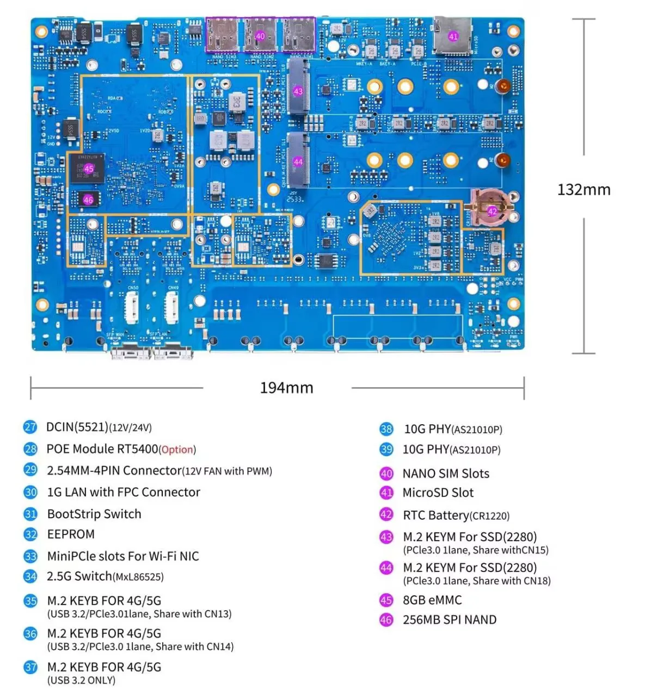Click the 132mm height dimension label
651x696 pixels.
pos(584,190)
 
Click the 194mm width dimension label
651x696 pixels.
pos(286,388)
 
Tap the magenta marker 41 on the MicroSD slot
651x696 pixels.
pos(453,36)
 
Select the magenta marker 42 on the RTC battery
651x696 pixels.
pos(492,212)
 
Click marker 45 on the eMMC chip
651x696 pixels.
pos(89,169)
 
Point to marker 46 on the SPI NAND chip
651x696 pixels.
pos(88,200)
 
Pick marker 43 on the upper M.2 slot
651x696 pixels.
pos(298,91)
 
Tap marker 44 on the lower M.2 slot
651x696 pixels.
pos(298,161)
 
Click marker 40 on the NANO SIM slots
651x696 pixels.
pos(260,36)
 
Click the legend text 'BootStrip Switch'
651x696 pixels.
pos(94,514)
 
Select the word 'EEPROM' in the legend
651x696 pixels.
pos(71,534)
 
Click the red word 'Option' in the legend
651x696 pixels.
pos(177,450)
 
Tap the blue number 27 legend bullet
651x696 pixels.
pos(30,427)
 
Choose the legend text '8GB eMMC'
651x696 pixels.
pos(432,600)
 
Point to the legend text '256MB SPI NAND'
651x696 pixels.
pos(449,620)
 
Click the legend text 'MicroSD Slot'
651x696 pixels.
pos(438,493)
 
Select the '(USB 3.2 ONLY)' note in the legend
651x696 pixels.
pos(81,680)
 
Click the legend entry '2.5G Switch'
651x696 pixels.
pos(79,576)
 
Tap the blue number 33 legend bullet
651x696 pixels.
pos(30,556)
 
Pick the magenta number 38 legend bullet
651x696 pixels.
pos(386,429)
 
